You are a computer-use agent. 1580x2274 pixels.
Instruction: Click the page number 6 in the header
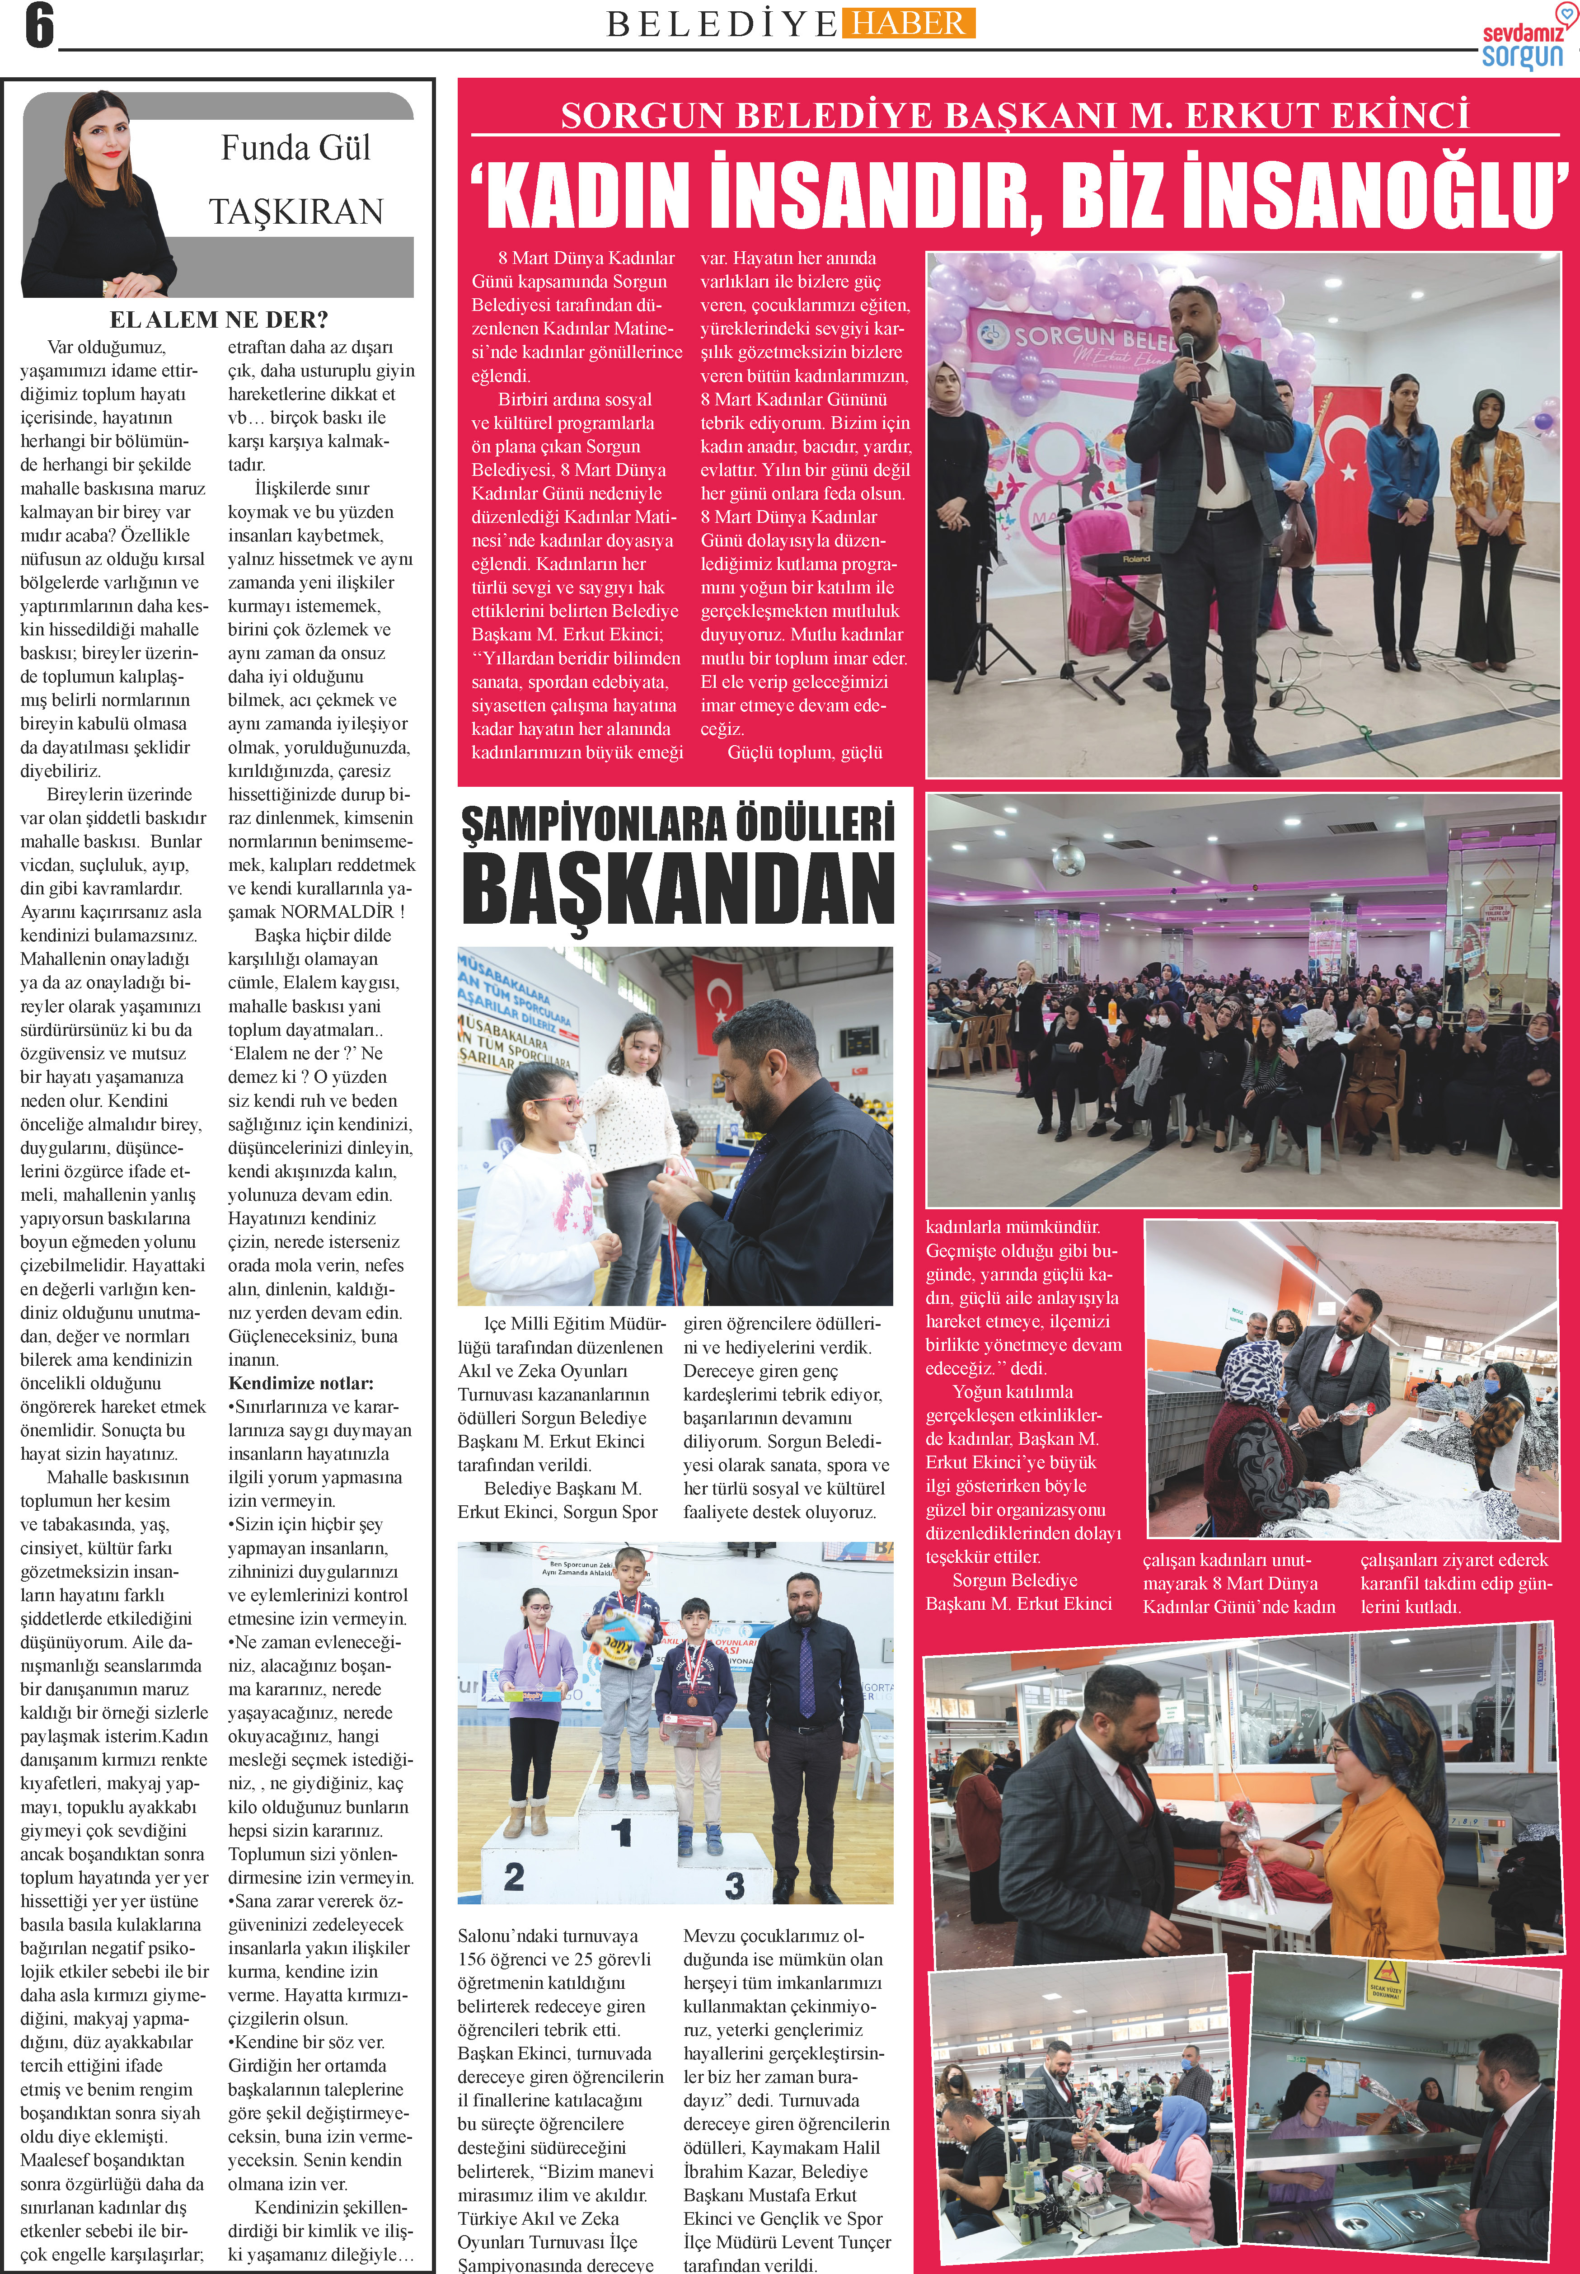tap(38, 27)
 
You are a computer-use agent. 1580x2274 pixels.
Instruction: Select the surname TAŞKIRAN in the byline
tap(296, 212)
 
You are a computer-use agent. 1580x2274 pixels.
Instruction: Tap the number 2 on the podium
tap(514, 1875)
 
